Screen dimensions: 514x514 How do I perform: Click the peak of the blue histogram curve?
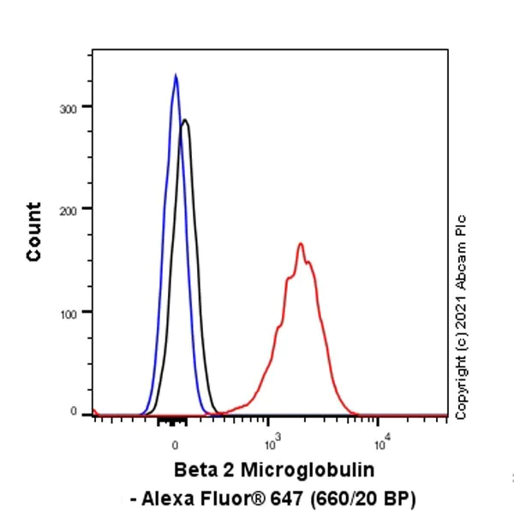[176, 75]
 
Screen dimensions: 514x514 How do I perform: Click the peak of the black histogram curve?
[184, 121]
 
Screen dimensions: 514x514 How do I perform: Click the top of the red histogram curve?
[301, 244]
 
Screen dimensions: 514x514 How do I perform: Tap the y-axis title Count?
[34, 231]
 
